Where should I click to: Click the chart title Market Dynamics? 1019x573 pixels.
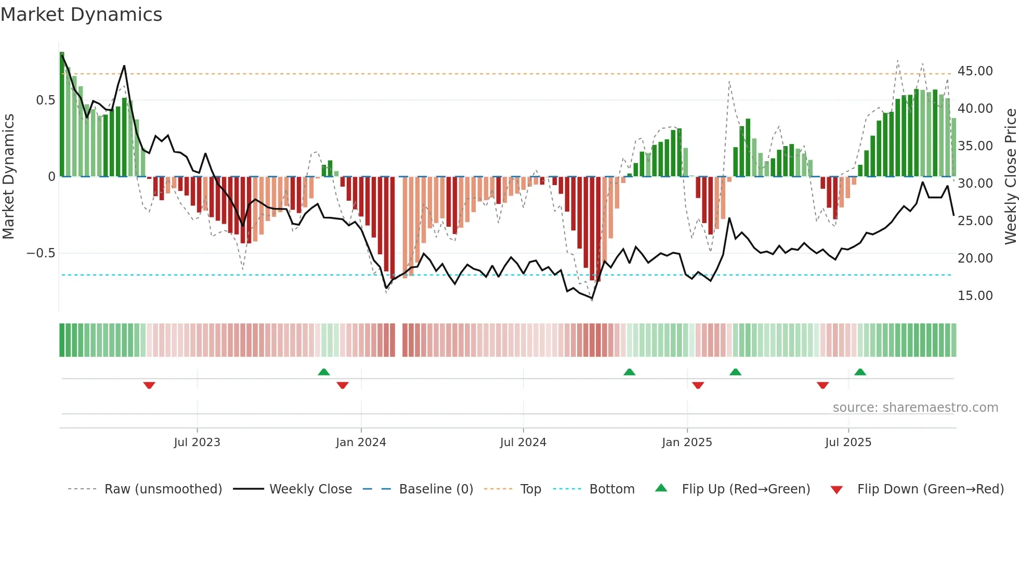tap(81, 15)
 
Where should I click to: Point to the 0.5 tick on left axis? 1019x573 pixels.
tap(45, 100)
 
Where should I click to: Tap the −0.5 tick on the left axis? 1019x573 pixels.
tap(41, 253)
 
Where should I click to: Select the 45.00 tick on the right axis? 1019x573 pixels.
tap(975, 71)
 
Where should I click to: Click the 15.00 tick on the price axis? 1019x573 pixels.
tap(975, 296)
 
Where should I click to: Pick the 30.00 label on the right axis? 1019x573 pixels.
tap(975, 184)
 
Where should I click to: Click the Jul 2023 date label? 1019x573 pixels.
tap(197, 442)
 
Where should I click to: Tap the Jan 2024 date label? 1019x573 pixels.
tap(361, 442)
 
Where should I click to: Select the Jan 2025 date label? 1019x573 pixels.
tap(687, 442)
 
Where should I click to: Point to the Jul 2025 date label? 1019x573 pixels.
tap(848, 442)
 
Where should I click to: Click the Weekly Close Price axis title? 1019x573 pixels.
tap(1010, 176)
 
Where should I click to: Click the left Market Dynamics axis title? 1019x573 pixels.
tap(9, 176)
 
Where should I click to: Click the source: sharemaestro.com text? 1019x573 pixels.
tap(915, 408)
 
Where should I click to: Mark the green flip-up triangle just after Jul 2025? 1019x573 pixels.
tap(860, 372)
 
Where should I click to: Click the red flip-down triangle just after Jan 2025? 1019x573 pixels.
tap(698, 385)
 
